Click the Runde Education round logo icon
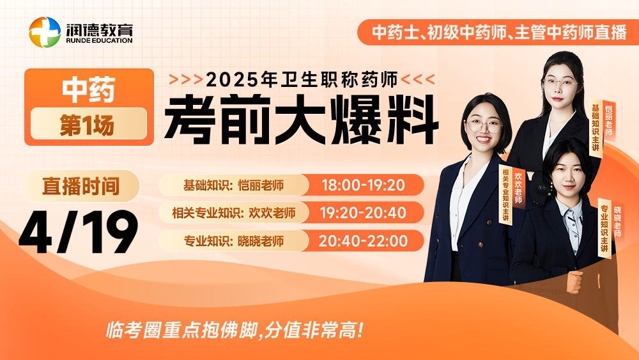tap(45, 32)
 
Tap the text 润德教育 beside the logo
tap(99, 29)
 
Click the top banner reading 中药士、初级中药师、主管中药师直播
tap(499, 32)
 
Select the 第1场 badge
tap(88, 124)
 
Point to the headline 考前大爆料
tap(302, 119)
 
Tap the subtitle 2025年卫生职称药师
tap(302, 79)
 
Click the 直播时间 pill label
tap(81, 186)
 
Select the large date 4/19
tap(78, 232)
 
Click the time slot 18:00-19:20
tap(363, 185)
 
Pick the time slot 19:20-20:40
tap(363, 212)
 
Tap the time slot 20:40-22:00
tap(363, 240)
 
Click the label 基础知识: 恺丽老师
tap(233, 185)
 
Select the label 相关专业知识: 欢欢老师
tap(233, 212)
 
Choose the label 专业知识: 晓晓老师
tap(233, 241)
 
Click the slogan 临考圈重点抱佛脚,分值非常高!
tap(235, 329)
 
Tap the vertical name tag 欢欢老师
tap(518, 187)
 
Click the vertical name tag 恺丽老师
tap(609, 121)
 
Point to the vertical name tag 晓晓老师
tap(618, 222)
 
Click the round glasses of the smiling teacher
tap(484, 126)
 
